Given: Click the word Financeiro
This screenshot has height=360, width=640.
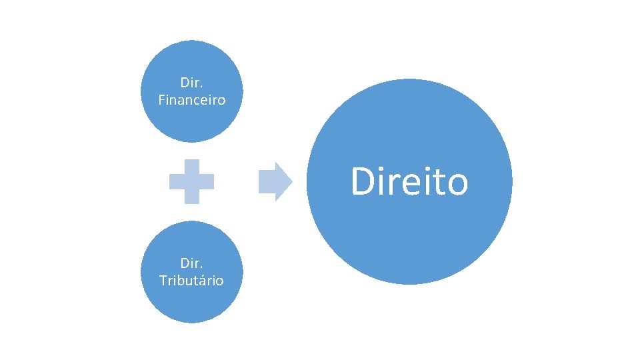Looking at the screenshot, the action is (x=192, y=100).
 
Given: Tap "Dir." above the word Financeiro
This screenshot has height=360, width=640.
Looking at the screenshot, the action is (x=192, y=83).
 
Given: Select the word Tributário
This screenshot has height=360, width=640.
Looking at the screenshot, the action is (x=192, y=280).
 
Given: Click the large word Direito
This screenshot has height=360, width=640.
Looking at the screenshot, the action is (x=409, y=181).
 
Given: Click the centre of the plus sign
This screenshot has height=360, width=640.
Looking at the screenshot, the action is (x=192, y=181).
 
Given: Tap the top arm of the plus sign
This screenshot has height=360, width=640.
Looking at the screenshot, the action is (x=192, y=166).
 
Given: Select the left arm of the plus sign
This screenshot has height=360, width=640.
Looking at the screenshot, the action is (x=176, y=181).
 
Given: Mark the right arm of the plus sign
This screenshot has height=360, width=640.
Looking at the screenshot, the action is (x=207, y=181).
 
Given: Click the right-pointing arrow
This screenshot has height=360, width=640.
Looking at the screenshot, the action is (x=274, y=181).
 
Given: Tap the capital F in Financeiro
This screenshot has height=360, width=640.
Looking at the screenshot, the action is (x=163, y=100).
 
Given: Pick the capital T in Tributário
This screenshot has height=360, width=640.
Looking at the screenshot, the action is (x=163, y=280).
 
